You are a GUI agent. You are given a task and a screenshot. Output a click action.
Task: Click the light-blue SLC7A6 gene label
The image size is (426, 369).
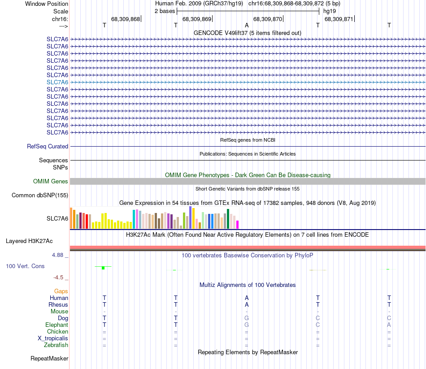tap(57, 82)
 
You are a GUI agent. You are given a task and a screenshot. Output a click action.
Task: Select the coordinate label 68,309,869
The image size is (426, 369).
tap(196, 19)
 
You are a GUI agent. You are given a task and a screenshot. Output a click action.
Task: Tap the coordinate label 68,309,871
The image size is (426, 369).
tap(339, 19)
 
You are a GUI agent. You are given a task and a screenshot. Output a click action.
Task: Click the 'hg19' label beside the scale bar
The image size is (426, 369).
tap(329, 11)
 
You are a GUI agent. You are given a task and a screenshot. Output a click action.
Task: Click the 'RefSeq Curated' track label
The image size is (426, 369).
tap(48, 146)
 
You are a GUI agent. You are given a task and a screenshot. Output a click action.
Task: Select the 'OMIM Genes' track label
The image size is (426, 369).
tap(51, 181)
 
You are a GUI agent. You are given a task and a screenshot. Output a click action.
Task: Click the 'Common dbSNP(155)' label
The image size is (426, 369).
tap(40, 195)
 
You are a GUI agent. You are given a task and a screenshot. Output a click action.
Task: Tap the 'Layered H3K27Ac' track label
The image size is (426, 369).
tap(29, 241)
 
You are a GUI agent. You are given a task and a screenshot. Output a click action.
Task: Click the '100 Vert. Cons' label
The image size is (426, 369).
tap(25, 266)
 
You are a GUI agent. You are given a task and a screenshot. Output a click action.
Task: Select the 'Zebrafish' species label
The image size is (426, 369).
tap(56, 345)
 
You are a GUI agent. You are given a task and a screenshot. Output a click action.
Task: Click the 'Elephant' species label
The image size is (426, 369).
tap(57, 325)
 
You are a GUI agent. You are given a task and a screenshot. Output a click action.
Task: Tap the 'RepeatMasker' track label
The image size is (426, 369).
tap(49, 358)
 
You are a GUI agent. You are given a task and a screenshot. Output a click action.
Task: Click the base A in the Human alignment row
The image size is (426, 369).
tap(247, 298)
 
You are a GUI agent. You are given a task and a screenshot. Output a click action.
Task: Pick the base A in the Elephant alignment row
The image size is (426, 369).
tap(389, 325)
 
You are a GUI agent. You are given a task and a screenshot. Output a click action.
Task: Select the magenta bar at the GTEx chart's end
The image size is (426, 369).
tap(238, 224)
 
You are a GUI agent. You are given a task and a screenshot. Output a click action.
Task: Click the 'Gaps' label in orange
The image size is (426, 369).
tap(61, 291)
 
